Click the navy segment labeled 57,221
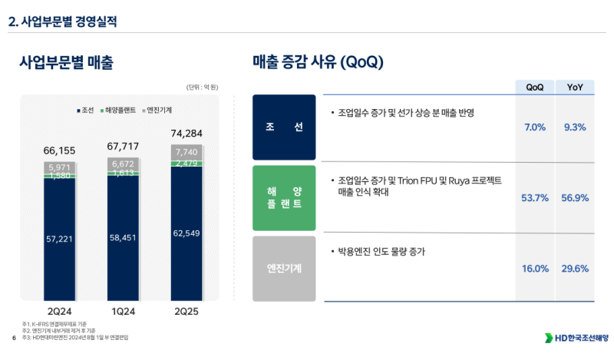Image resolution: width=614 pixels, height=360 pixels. tap(60, 239)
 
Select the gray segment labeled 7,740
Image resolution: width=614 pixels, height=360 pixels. tap(187, 152)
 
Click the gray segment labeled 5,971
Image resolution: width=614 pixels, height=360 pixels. tap(60, 167)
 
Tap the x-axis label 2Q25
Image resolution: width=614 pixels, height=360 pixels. tap(187, 312)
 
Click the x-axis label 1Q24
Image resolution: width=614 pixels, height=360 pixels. tap(123, 312)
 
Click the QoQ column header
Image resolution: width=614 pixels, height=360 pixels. tap(535, 87)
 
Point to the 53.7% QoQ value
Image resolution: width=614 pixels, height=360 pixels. tap(535, 198)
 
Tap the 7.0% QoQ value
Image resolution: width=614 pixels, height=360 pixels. tap(535, 127)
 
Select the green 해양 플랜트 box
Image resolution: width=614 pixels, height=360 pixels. tap(284, 198)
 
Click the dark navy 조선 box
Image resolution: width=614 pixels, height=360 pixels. tap(284, 127)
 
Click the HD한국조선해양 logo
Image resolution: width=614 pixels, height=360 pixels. tap(576, 338)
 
